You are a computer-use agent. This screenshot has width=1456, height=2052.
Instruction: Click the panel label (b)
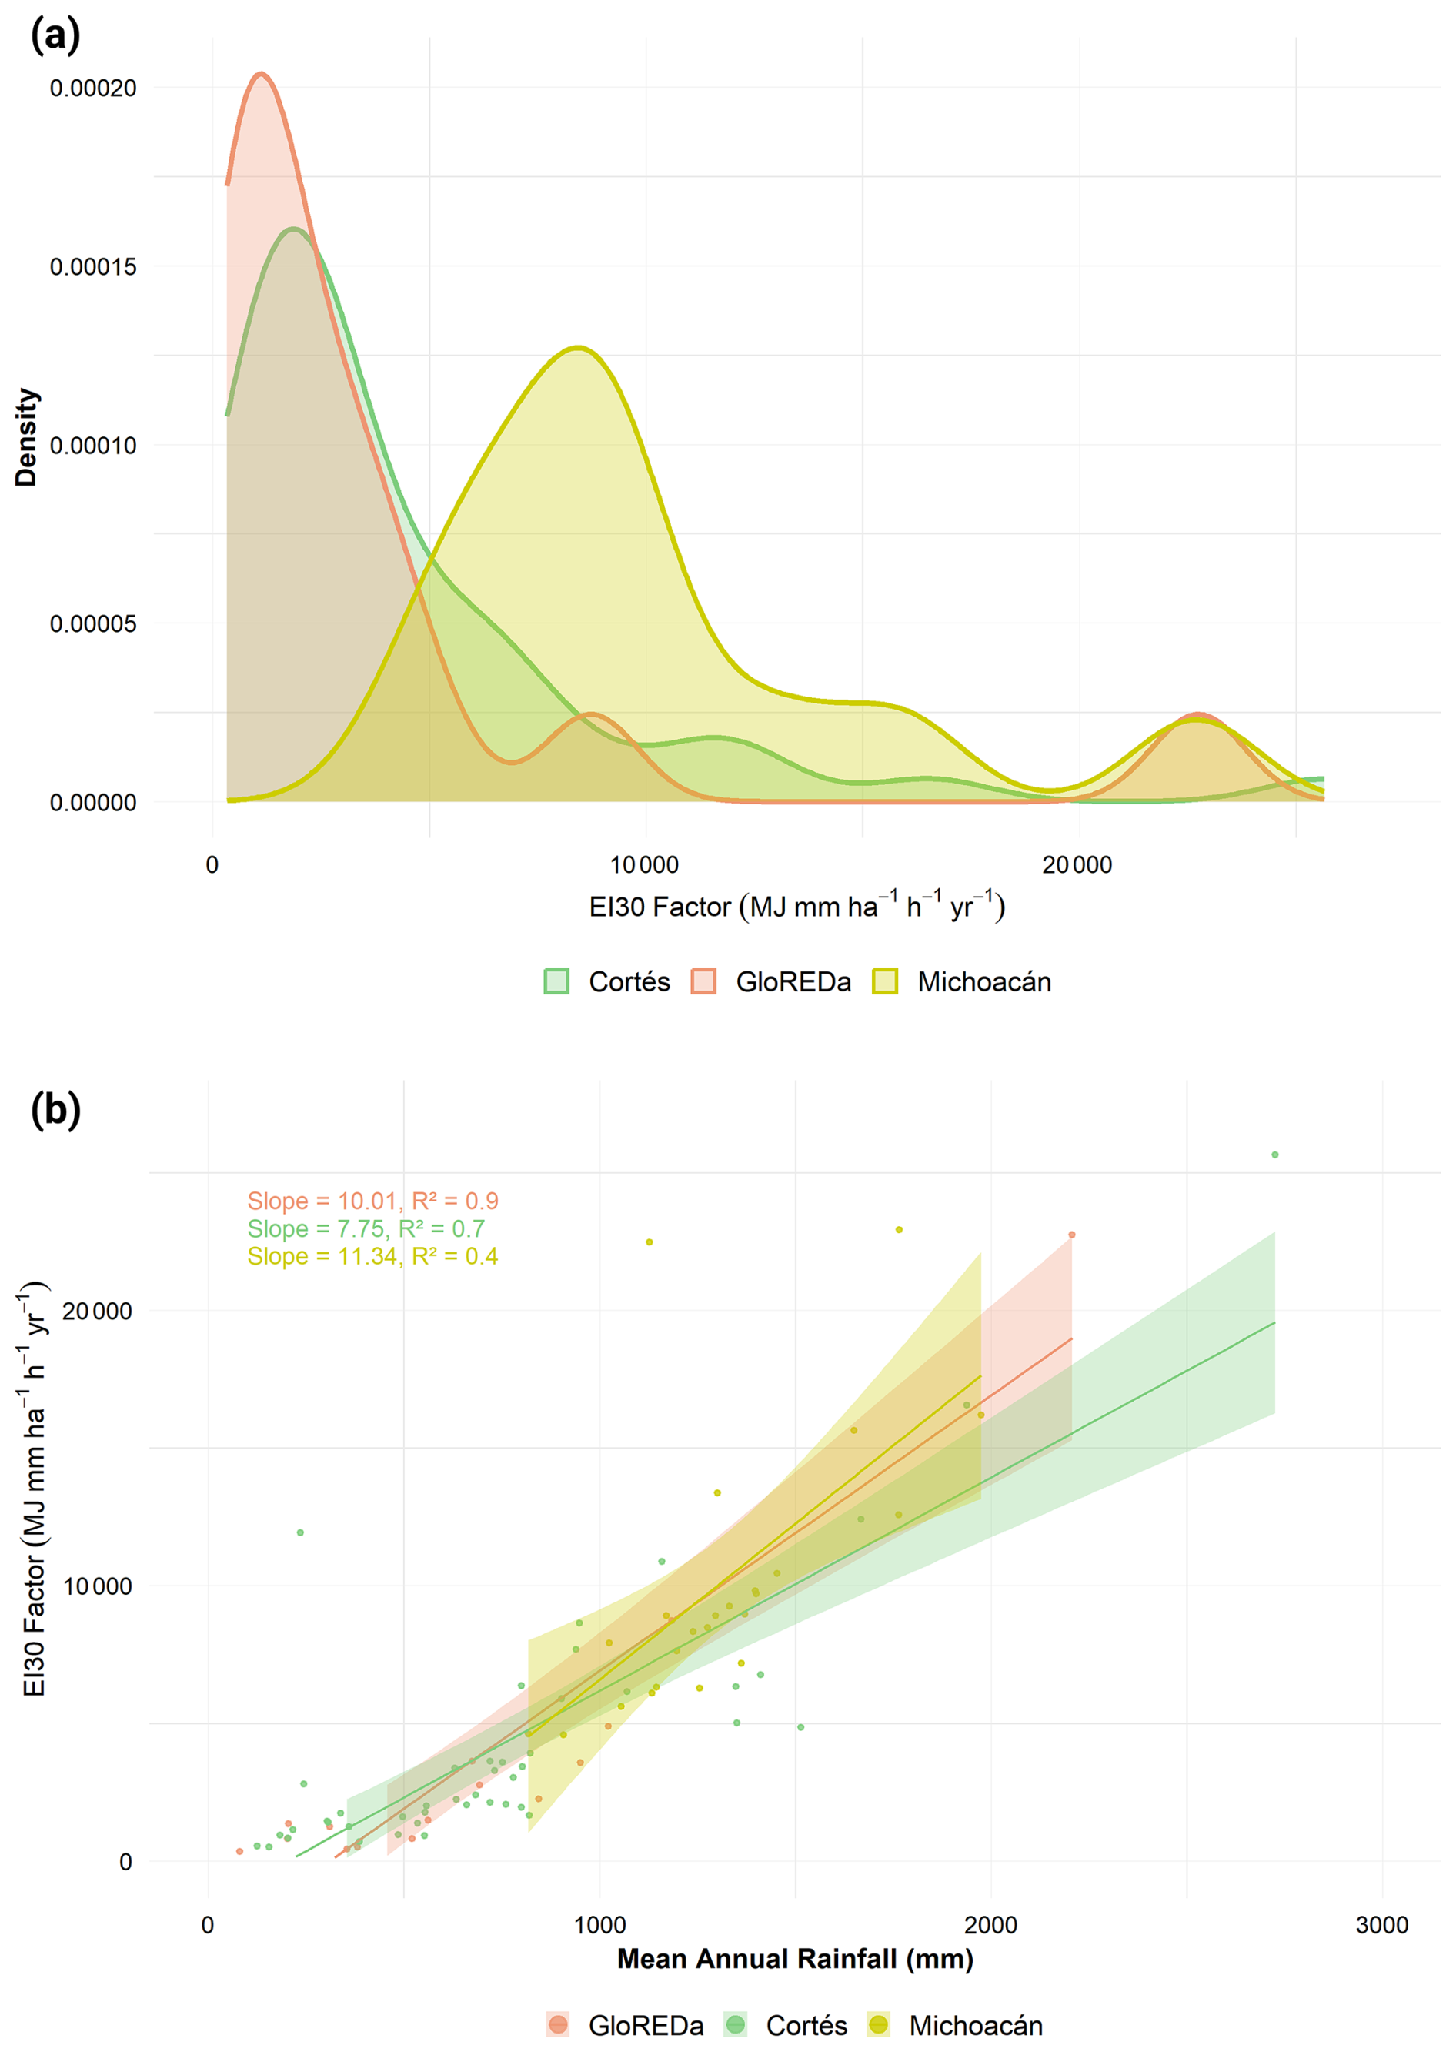55,1109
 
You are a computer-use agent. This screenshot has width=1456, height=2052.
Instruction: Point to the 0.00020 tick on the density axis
93,88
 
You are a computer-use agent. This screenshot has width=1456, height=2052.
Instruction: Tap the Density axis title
26,437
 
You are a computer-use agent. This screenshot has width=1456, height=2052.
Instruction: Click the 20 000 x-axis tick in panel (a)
1077,865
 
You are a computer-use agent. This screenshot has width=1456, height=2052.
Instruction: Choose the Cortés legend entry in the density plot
607,981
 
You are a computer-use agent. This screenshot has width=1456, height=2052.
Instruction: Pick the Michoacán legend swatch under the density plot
885,981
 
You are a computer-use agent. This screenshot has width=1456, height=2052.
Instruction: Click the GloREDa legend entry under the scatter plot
625,2025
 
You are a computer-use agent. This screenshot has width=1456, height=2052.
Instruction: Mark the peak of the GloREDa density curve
261,74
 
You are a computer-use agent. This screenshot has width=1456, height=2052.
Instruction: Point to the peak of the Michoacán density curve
578,347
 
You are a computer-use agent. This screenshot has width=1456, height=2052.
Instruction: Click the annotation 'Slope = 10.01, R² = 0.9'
373,1201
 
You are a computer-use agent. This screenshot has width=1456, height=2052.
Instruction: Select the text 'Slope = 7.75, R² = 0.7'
366,1229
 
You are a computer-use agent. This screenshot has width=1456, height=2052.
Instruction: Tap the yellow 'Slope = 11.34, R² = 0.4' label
373,1257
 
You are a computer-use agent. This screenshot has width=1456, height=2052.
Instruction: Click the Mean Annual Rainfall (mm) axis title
795,1959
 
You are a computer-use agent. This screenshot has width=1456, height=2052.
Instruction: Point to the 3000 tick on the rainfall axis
1381,1925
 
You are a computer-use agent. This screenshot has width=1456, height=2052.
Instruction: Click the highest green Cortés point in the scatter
1275,1155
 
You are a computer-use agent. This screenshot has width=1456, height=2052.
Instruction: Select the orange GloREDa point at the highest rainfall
1071,1235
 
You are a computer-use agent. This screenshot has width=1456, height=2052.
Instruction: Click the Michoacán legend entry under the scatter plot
955,2025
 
